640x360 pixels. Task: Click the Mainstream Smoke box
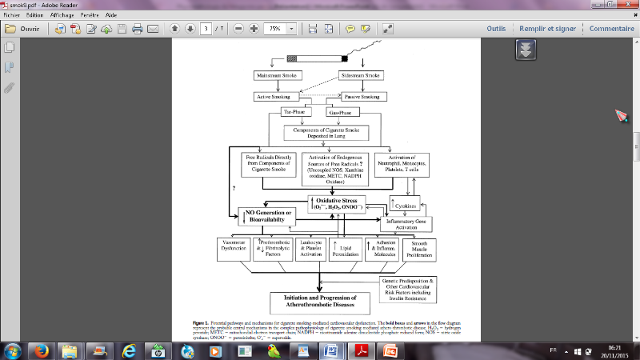coord(274,76)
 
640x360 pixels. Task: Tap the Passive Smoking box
coord(362,97)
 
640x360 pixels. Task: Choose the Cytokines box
coord(405,205)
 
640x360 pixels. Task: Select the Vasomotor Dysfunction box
coord(238,247)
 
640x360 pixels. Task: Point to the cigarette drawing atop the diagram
coord(318,58)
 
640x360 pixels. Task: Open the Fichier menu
coord(12,14)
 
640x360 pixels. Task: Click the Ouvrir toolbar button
coord(24,29)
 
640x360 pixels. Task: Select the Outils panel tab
coord(497,29)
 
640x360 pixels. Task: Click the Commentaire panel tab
coord(612,29)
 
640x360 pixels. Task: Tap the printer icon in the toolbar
coord(138,29)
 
